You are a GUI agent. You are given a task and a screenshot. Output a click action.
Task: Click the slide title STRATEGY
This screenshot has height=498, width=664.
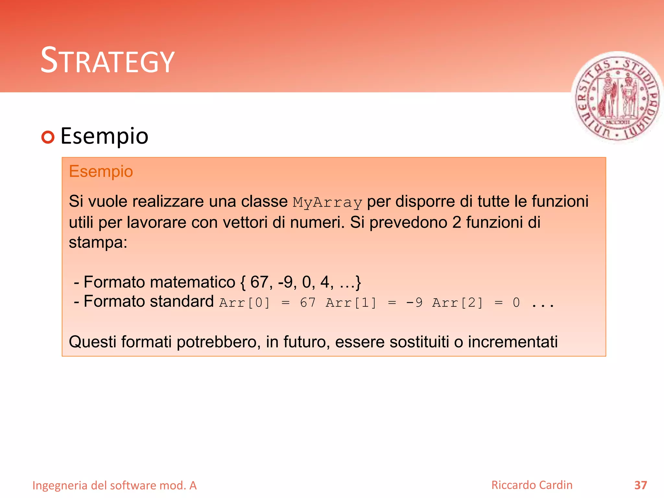(x=107, y=61)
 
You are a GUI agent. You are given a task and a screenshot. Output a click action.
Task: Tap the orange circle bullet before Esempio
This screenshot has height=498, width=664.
(x=48, y=137)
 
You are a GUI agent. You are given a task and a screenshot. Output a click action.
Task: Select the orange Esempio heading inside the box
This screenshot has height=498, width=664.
(x=101, y=172)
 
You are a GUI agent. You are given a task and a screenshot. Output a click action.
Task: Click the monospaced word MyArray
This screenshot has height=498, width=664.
(x=327, y=203)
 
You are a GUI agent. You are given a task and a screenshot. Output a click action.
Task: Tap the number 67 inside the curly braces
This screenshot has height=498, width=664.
(x=259, y=282)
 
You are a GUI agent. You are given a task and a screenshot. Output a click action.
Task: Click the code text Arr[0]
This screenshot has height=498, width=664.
(x=244, y=303)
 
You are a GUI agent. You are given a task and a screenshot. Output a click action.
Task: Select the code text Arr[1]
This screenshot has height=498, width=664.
(x=351, y=303)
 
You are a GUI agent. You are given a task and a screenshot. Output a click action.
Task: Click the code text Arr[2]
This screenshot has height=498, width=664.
(x=457, y=303)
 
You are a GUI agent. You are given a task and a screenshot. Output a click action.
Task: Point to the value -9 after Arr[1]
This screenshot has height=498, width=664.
(x=414, y=303)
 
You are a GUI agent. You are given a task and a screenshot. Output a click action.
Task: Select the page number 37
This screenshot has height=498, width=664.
(x=640, y=485)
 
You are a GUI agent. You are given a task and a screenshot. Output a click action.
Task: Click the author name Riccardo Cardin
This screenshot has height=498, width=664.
(x=532, y=485)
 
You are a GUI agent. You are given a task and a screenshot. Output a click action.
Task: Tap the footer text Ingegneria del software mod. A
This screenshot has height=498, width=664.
(x=114, y=485)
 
